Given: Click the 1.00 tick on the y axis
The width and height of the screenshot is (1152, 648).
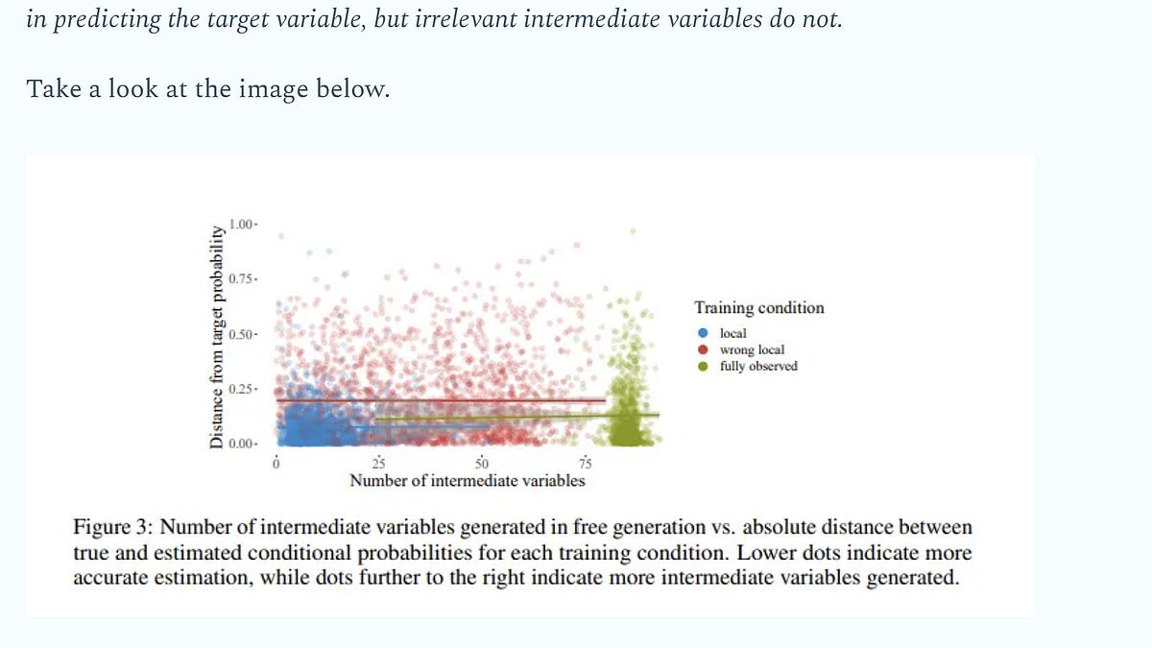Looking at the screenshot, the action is coord(240,225).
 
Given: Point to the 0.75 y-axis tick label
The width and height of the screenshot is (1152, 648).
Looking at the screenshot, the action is coord(240,278).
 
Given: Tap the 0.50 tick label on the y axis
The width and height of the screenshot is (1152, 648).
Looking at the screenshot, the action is coord(240,334).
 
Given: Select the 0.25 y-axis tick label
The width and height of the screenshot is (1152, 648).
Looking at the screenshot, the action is coord(240,389).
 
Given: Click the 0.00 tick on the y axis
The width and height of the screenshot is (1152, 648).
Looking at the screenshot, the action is coord(240,444).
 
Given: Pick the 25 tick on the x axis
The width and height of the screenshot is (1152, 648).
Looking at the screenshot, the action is coord(378,464).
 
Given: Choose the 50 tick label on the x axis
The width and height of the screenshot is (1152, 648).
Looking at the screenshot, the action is coord(482,464).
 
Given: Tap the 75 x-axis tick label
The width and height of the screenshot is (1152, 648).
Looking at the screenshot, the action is coord(586,464).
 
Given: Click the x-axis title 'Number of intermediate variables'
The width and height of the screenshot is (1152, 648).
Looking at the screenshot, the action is coord(468,481).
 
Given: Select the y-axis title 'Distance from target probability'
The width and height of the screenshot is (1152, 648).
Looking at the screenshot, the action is coord(217,337).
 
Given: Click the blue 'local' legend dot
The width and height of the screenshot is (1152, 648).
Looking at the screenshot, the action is coord(703,333).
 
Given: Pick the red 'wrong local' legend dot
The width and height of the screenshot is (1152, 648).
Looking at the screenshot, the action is coord(703,349).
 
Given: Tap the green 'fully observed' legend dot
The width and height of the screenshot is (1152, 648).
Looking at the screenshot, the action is coord(703,366).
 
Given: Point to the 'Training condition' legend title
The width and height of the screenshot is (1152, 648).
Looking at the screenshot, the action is coord(759,307).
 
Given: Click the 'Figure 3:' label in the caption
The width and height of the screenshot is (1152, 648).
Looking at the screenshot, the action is coord(113,527).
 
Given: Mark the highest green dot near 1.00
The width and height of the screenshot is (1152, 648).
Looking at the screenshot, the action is coord(633,231).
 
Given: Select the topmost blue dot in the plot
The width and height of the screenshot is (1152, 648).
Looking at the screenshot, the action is coord(281,236).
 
